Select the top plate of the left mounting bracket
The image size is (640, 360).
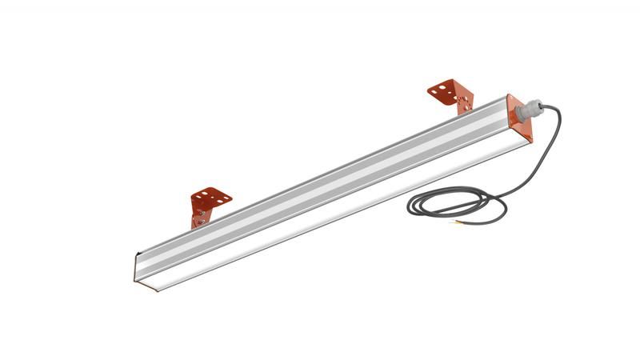210,196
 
